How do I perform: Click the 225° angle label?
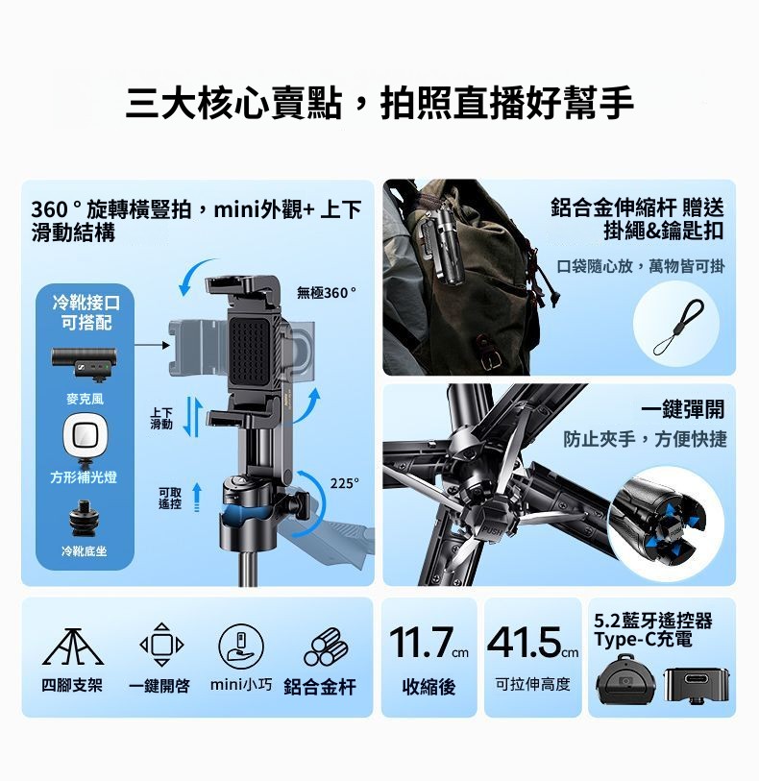[x=344, y=483]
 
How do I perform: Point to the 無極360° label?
[x=327, y=293]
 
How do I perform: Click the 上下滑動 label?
[x=161, y=419]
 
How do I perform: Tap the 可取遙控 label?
[x=170, y=498]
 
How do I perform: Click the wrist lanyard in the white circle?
[x=680, y=327]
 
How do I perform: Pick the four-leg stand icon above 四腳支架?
[x=73, y=647]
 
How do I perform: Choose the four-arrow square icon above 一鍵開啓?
[x=161, y=645]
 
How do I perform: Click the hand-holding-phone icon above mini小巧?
[x=241, y=645]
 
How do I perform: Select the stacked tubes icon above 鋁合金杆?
[x=326, y=647]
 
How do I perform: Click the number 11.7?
[x=421, y=643]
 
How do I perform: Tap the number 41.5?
[x=525, y=643]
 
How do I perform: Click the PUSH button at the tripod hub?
[x=491, y=529]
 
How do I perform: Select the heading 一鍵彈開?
[x=683, y=409]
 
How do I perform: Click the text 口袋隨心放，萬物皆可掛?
[x=641, y=266]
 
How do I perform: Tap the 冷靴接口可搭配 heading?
[x=86, y=312]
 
